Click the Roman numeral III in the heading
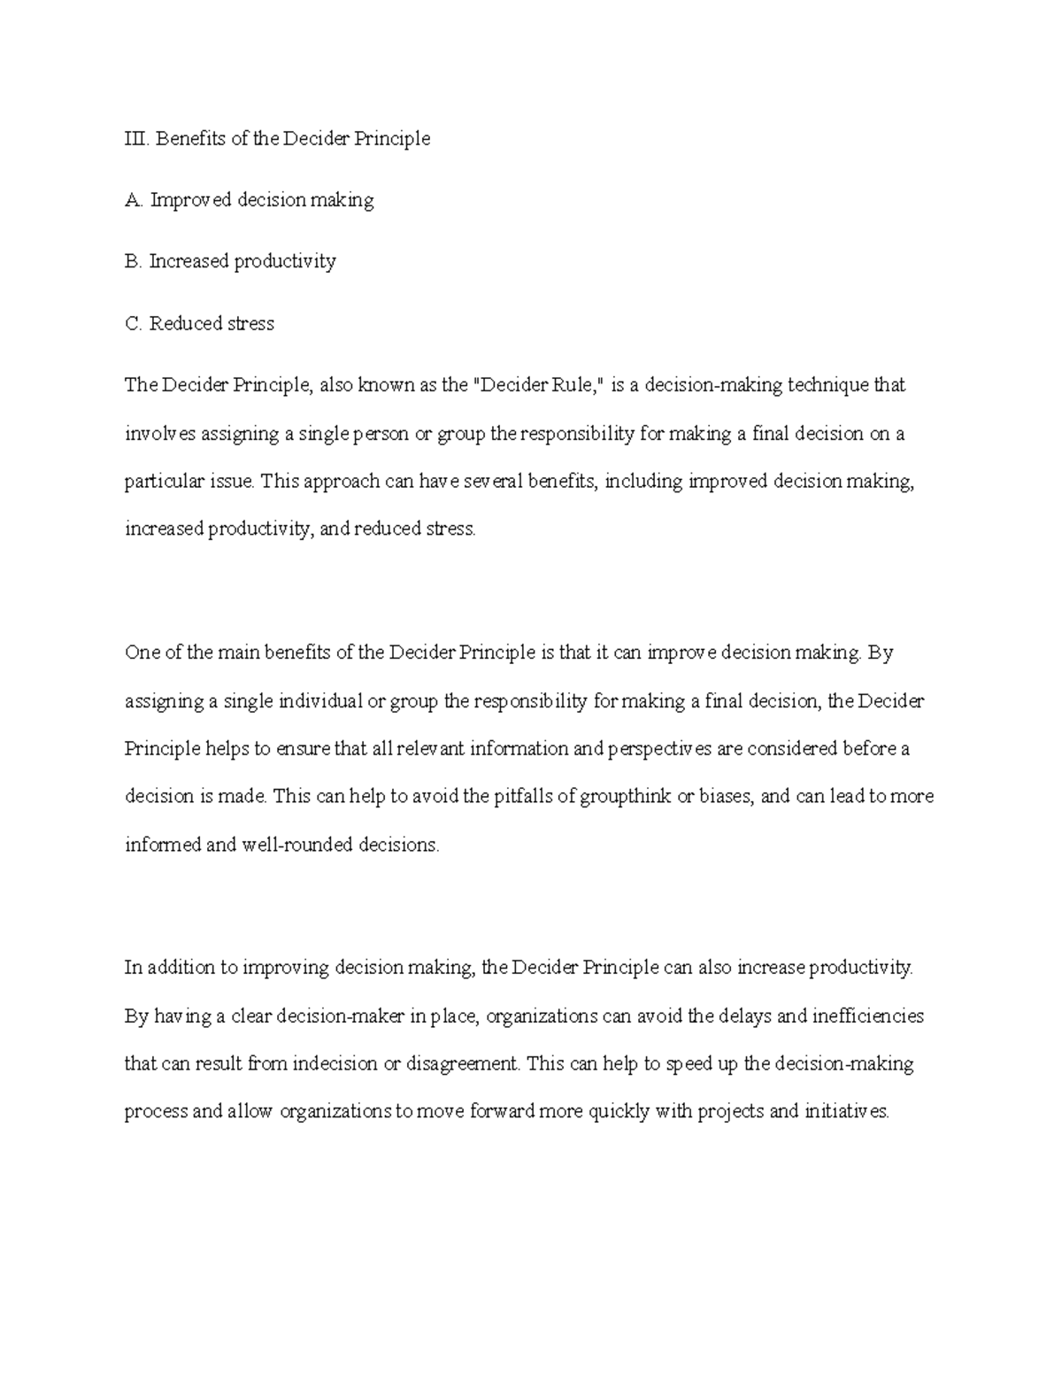pos(136,138)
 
